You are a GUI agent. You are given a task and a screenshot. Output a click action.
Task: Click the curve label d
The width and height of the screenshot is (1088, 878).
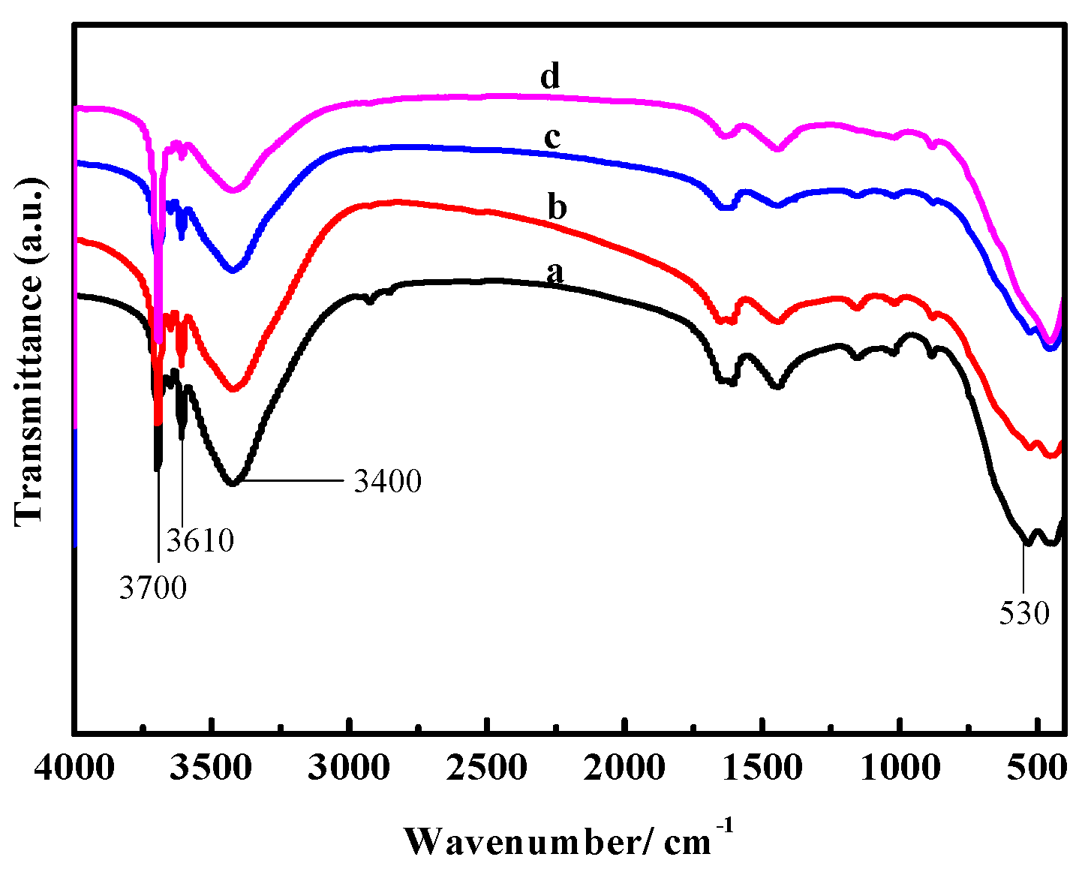click(x=551, y=77)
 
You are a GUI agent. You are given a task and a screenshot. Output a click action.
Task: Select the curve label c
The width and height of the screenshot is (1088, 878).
click(x=552, y=139)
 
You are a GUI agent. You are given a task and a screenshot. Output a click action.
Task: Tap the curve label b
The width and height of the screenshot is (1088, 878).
click(x=557, y=207)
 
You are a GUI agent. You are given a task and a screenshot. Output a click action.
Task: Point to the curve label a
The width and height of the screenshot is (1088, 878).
click(x=555, y=272)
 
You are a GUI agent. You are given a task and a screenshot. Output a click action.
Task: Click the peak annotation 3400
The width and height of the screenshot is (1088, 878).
click(x=387, y=481)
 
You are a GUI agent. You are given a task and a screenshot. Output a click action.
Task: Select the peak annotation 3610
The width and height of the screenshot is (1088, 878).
click(x=200, y=540)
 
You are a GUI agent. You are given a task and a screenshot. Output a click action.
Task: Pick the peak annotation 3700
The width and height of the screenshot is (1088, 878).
click(x=152, y=588)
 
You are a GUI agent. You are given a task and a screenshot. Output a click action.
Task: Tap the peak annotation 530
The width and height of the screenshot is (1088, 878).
click(x=1024, y=614)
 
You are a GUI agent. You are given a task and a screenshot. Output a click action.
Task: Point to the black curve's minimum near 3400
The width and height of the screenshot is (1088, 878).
click(x=234, y=484)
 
